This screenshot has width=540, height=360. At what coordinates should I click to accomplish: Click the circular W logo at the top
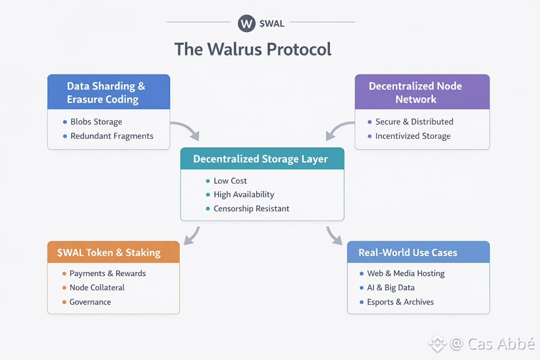tap(246, 23)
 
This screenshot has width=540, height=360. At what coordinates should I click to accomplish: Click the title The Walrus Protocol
tap(253, 50)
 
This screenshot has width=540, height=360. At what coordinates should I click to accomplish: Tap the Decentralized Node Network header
tap(415, 93)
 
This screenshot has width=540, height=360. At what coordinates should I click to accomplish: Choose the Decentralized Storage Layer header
tap(260, 158)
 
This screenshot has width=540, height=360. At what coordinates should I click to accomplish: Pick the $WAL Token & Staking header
tap(113, 252)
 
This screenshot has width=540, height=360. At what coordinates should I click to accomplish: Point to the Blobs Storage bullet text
tap(96, 122)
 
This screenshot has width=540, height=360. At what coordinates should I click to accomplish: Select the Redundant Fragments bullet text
tap(112, 136)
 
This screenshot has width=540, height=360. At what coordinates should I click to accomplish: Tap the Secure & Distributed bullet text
tap(414, 122)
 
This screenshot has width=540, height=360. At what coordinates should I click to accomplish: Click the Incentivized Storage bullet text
tap(413, 136)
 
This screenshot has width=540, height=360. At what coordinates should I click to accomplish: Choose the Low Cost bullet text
tap(230, 181)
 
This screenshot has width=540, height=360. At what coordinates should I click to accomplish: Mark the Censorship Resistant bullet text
tap(251, 209)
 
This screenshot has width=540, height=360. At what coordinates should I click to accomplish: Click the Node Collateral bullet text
tap(97, 288)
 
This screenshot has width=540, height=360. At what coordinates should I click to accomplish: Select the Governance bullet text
tap(90, 302)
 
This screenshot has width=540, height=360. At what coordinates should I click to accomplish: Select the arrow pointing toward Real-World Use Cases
tap(334, 235)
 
